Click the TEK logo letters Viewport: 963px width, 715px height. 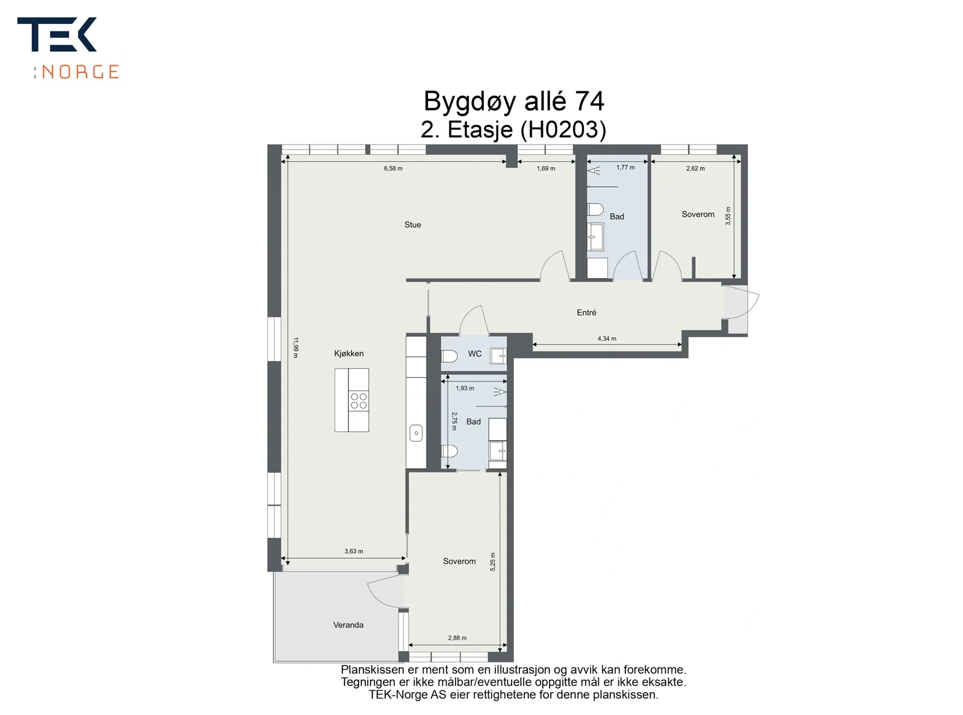[x=57, y=34]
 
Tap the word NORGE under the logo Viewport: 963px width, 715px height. [x=80, y=72]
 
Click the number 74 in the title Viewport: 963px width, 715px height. [x=589, y=101]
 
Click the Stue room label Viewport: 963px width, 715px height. [x=412, y=224]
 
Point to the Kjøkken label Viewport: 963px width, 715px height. [x=348, y=353]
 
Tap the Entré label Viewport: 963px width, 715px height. [x=586, y=312]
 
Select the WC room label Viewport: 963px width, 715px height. [x=474, y=353]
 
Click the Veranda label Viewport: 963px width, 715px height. [x=348, y=625]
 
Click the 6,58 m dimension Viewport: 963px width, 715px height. [x=393, y=169]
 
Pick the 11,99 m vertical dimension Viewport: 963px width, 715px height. [x=296, y=347]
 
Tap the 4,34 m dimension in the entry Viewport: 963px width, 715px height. [x=607, y=338]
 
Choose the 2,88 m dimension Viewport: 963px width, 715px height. [x=457, y=638]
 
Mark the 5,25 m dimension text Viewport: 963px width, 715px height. [x=493, y=562]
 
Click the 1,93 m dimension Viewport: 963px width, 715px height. [x=465, y=388]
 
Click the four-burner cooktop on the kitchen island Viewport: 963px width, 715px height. [x=359, y=401]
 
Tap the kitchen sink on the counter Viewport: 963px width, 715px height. [x=416, y=433]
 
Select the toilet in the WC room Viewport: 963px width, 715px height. [x=450, y=356]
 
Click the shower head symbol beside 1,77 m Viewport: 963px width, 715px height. [x=594, y=170]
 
